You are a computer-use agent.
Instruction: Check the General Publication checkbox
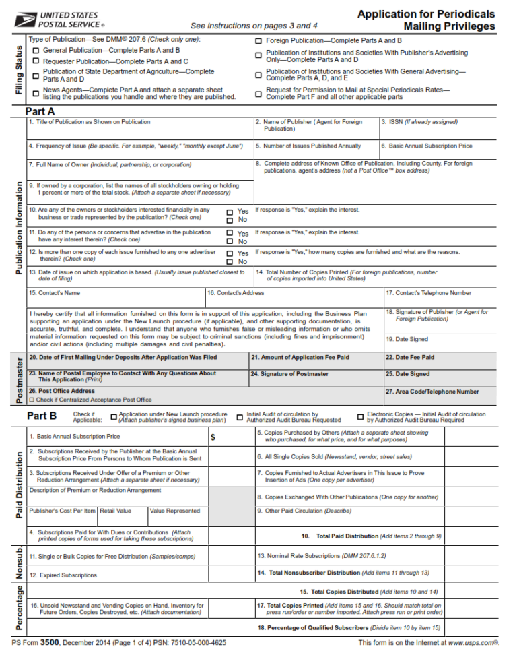click(36, 51)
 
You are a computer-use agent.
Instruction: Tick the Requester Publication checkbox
click(36, 61)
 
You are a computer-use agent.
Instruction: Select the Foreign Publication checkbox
click(258, 41)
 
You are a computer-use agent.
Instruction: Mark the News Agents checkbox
click(36, 93)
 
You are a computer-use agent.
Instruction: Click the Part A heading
click(40, 111)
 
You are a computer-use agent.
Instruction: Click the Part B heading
click(42, 416)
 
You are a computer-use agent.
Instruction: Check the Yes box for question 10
click(230, 212)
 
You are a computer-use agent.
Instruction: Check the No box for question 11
click(230, 241)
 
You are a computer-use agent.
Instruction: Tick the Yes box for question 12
click(230, 254)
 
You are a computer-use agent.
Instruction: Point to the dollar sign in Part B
click(213, 437)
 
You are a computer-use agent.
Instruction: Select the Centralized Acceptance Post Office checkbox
click(32, 400)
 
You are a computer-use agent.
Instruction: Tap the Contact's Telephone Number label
click(428, 293)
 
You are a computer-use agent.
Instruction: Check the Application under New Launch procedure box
click(113, 417)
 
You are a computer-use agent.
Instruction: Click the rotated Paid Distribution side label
click(18, 485)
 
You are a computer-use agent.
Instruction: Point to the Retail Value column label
click(116, 511)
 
